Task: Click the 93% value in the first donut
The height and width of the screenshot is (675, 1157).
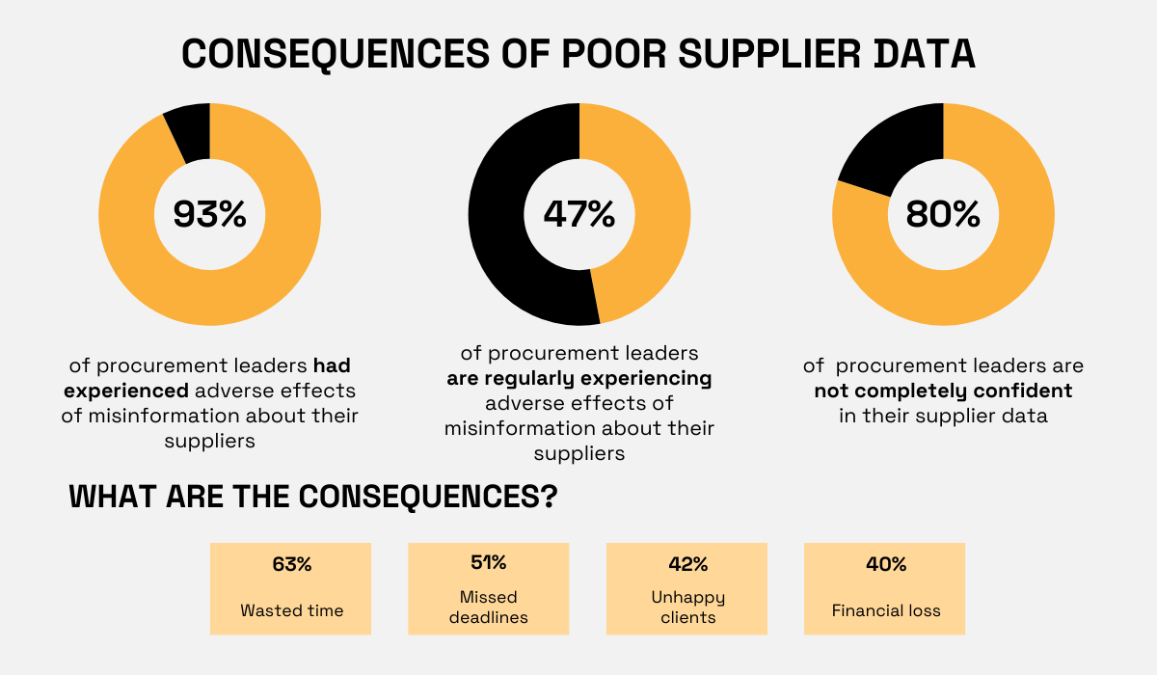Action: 210,214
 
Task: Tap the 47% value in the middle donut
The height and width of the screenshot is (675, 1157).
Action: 578,214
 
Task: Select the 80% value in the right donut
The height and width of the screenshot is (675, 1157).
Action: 943,214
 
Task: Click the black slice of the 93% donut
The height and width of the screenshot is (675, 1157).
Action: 189,133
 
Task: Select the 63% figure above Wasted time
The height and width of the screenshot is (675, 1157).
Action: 291,565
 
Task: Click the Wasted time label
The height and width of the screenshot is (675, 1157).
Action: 291,610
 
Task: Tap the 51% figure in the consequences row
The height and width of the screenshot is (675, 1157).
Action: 488,562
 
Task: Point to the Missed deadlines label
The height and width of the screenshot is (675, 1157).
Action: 488,607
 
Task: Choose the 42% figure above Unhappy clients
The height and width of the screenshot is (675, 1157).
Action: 687,564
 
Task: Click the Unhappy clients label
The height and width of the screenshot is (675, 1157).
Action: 687,607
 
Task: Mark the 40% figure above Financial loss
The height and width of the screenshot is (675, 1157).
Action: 885,565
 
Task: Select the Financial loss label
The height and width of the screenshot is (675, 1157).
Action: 885,610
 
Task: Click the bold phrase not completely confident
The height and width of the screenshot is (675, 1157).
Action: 943,391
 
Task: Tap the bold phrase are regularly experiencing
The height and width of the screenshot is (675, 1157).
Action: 579,378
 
